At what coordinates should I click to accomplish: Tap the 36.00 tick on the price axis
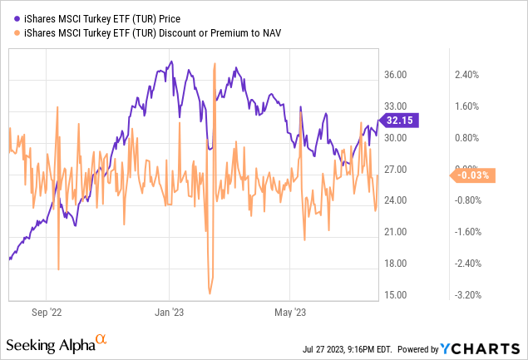click(x=396, y=75)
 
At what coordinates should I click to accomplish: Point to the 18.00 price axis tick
click(x=396, y=264)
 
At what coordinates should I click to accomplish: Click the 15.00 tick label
click(x=396, y=295)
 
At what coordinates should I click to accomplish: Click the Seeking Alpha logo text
click(x=51, y=343)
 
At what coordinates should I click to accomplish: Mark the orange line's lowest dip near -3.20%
click(x=210, y=293)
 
